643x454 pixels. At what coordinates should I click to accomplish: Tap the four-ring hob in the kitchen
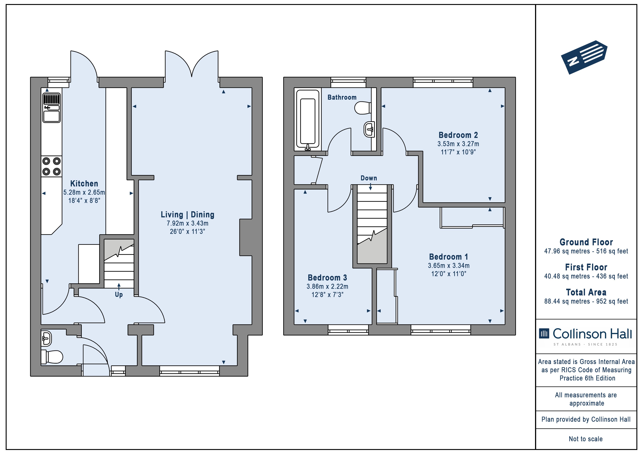pyautogui.click(x=52, y=166)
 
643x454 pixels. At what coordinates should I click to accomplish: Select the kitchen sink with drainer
pyautogui.click(x=52, y=108)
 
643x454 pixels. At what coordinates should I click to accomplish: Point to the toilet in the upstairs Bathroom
pyautogui.click(x=363, y=108)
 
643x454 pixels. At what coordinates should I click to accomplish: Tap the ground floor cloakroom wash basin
pyautogui.click(x=47, y=338)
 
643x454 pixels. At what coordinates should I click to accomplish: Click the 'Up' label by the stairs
pyautogui.click(x=119, y=295)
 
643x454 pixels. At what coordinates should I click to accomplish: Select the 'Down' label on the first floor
pyautogui.click(x=369, y=178)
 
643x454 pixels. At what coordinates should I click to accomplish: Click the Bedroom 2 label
pyautogui.click(x=458, y=135)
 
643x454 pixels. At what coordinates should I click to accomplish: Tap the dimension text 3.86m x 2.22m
pyautogui.click(x=327, y=286)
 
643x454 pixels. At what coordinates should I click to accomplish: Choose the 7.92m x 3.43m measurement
pyautogui.click(x=188, y=223)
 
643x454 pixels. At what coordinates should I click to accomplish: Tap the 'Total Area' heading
pyautogui.click(x=586, y=292)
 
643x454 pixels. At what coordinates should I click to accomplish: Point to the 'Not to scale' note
pyautogui.click(x=586, y=439)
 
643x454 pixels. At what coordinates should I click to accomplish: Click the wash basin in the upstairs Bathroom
pyautogui.click(x=370, y=129)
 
